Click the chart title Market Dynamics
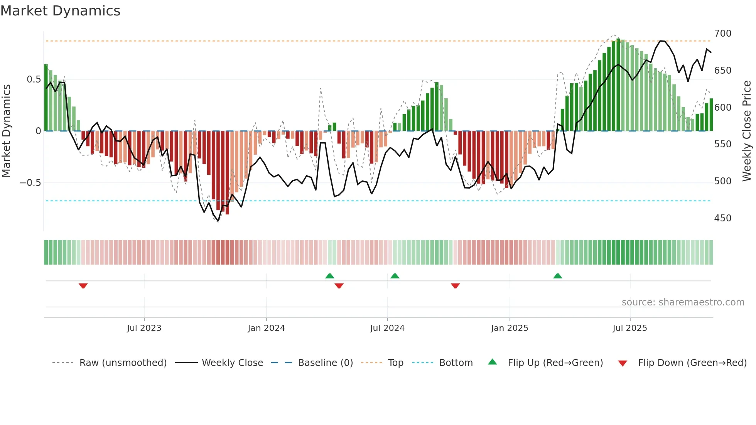(60, 11)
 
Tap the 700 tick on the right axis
(722, 34)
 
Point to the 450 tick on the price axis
(722, 218)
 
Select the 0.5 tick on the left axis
(34, 79)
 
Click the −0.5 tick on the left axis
(30, 183)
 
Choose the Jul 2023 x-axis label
(144, 328)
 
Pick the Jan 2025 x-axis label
(509, 328)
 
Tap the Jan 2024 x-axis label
(266, 328)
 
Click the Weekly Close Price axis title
(747, 131)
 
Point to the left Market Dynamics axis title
(6, 131)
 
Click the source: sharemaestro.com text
(683, 302)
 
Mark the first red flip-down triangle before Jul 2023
(83, 286)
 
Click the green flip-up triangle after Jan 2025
(557, 276)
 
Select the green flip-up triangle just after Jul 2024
(395, 276)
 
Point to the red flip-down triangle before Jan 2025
(455, 286)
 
